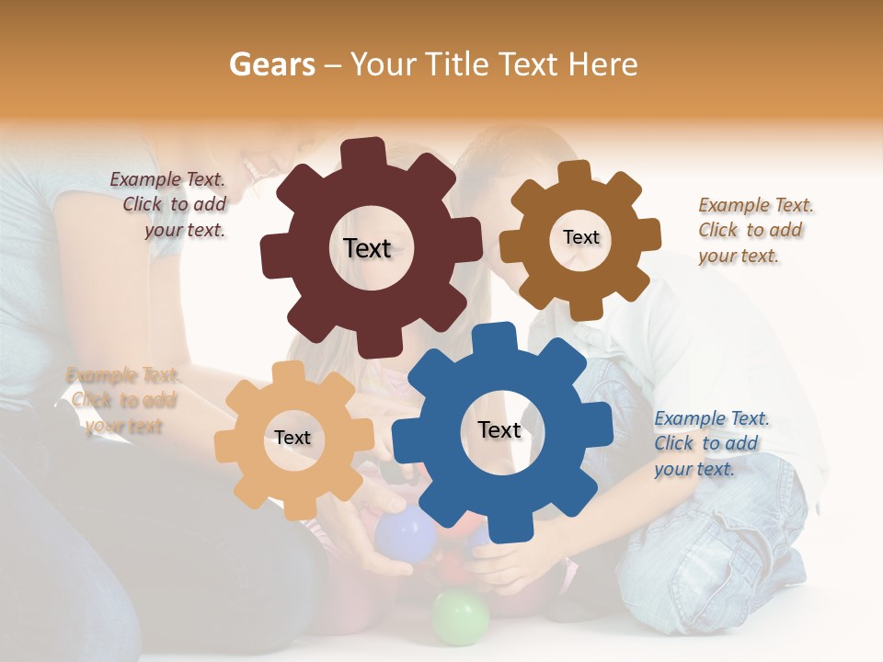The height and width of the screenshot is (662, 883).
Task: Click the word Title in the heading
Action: [457, 64]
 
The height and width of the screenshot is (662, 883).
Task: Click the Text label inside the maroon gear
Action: [367, 248]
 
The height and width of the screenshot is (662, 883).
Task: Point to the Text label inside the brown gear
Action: [580, 237]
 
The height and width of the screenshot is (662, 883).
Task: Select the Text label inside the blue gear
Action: [499, 429]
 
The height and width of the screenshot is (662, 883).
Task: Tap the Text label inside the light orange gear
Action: [292, 438]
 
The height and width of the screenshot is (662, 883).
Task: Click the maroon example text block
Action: [170, 205]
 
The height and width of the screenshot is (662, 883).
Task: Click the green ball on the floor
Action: [460, 617]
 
